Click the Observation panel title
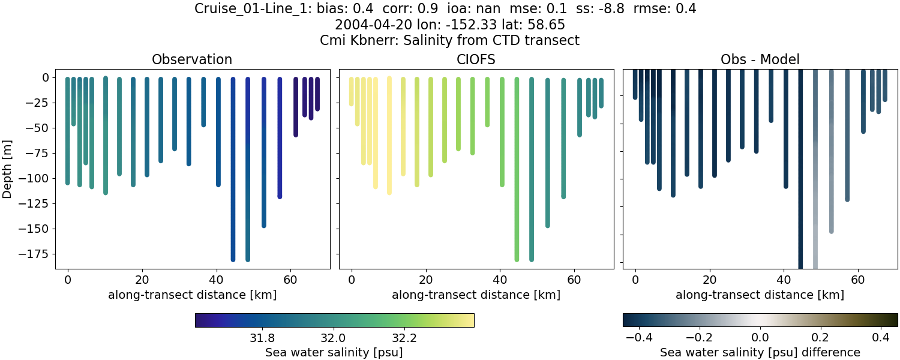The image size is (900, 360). [x=192, y=59]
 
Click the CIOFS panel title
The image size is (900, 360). [x=476, y=59]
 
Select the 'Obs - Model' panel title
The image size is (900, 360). [x=760, y=59]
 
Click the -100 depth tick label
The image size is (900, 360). [x=36, y=178]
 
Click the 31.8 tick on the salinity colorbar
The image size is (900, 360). [x=262, y=338]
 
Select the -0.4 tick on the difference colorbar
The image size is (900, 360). [x=639, y=338]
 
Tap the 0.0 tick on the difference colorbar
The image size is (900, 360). [x=760, y=338]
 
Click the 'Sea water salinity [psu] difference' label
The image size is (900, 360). [x=760, y=352]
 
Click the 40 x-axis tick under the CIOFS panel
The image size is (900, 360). [x=500, y=279]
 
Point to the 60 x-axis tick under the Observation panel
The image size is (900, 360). [x=291, y=279]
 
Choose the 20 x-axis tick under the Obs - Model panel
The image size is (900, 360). [x=710, y=279]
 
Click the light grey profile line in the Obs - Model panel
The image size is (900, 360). [x=815, y=180]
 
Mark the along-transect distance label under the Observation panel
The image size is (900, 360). [x=192, y=295]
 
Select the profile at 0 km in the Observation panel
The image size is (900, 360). [x=68, y=132]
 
